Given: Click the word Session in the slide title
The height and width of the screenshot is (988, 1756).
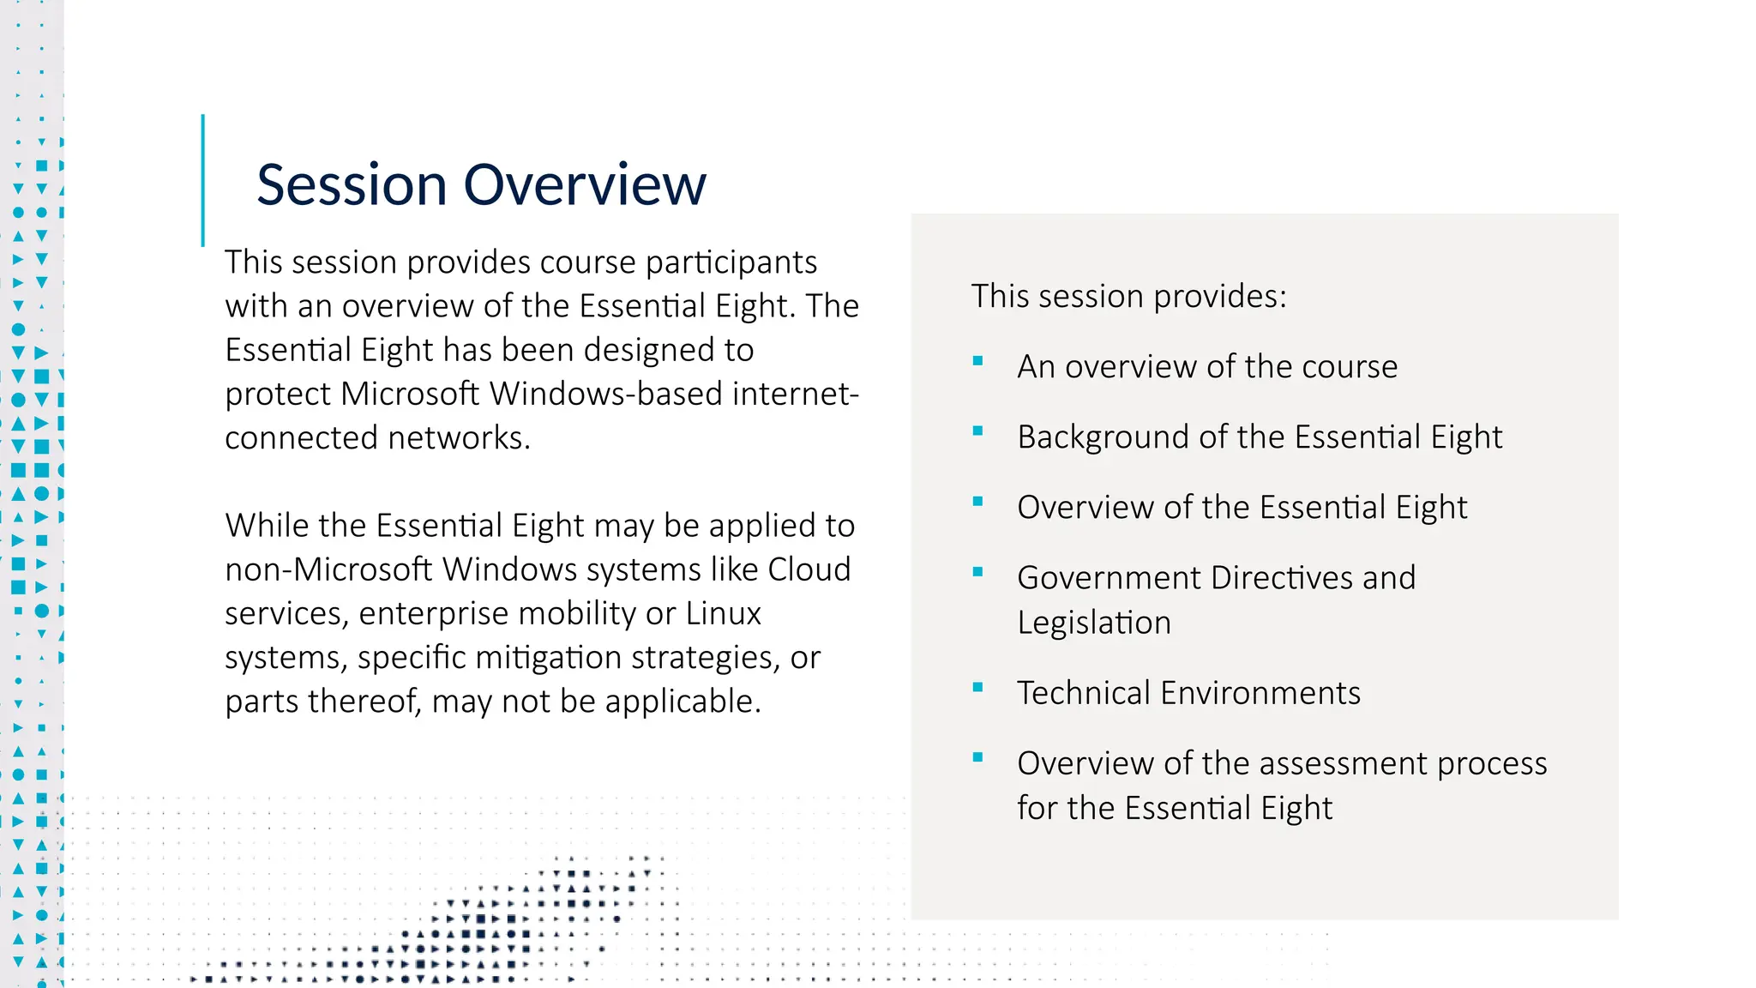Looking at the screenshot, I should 352,185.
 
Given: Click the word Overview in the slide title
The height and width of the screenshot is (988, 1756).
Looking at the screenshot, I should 585,185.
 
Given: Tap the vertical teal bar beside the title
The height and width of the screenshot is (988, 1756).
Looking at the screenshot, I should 203,180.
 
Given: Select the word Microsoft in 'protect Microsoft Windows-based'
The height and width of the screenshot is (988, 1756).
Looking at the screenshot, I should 411,394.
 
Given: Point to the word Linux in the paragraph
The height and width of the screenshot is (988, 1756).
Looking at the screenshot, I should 724,613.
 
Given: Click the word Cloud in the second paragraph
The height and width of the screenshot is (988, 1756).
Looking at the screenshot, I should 809,569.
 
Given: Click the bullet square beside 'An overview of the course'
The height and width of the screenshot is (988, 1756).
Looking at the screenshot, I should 977,362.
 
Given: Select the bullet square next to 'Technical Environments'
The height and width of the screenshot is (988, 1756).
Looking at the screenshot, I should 977,688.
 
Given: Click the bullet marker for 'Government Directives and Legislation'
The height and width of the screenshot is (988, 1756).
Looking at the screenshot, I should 977,573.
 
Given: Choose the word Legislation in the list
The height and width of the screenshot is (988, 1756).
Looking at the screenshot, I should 1094,623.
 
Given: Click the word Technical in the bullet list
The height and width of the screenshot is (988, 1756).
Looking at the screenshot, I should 1083,693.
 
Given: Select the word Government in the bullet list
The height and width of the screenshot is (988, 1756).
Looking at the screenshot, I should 1110,578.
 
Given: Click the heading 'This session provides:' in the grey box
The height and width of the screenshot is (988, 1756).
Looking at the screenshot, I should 1128,297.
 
